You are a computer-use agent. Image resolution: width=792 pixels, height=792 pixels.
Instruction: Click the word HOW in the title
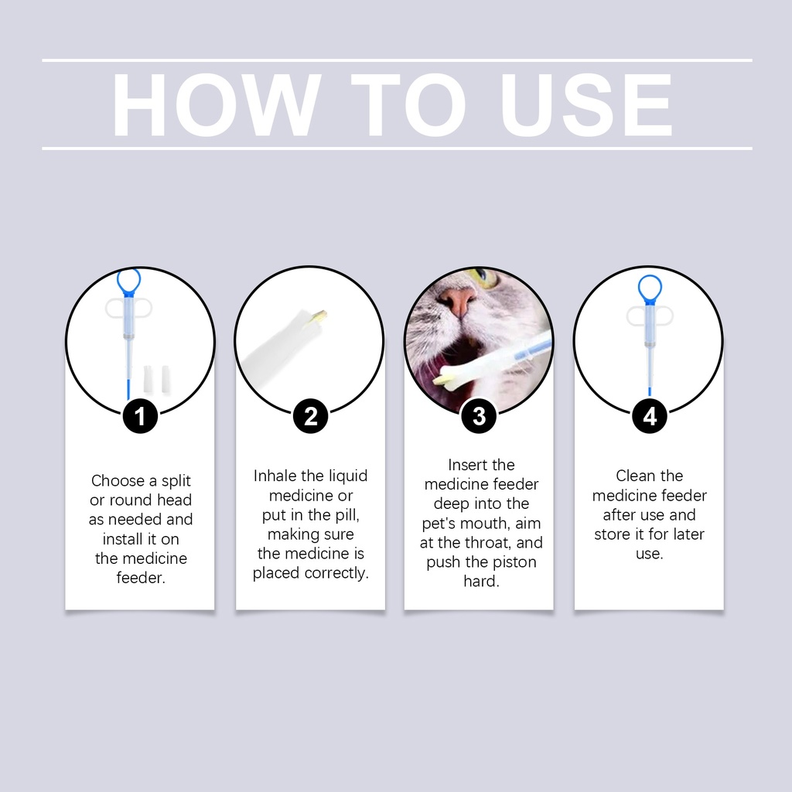pyautogui.click(x=217, y=104)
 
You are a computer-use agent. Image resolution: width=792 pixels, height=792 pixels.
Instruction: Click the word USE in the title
pyautogui.click(x=586, y=104)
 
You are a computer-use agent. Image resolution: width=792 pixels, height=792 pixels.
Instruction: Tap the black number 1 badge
pyautogui.click(x=140, y=416)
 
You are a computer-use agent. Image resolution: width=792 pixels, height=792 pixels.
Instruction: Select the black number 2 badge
pyautogui.click(x=311, y=416)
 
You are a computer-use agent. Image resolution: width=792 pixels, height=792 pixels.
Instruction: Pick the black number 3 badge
pyautogui.click(x=479, y=416)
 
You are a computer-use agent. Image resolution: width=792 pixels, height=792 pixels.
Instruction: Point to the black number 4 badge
pyautogui.click(x=650, y=416)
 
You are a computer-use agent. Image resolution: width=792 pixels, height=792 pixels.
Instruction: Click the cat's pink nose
pyautogui.click(x=458, y=301)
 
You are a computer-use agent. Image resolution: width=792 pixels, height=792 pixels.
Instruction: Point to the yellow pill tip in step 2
pyautogui.click(x=320, y=316)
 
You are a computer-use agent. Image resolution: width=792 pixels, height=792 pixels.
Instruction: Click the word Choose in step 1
pyautogui.click(x=117, y=480)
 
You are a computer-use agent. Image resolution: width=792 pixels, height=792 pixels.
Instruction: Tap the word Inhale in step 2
pyautogui.click(x=275, y=476)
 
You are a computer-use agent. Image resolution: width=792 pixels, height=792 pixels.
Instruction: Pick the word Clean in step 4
pyautogui.click(x=633, y=476)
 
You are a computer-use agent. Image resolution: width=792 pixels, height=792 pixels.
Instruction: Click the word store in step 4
pyautogui.click(x=611, y=534)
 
